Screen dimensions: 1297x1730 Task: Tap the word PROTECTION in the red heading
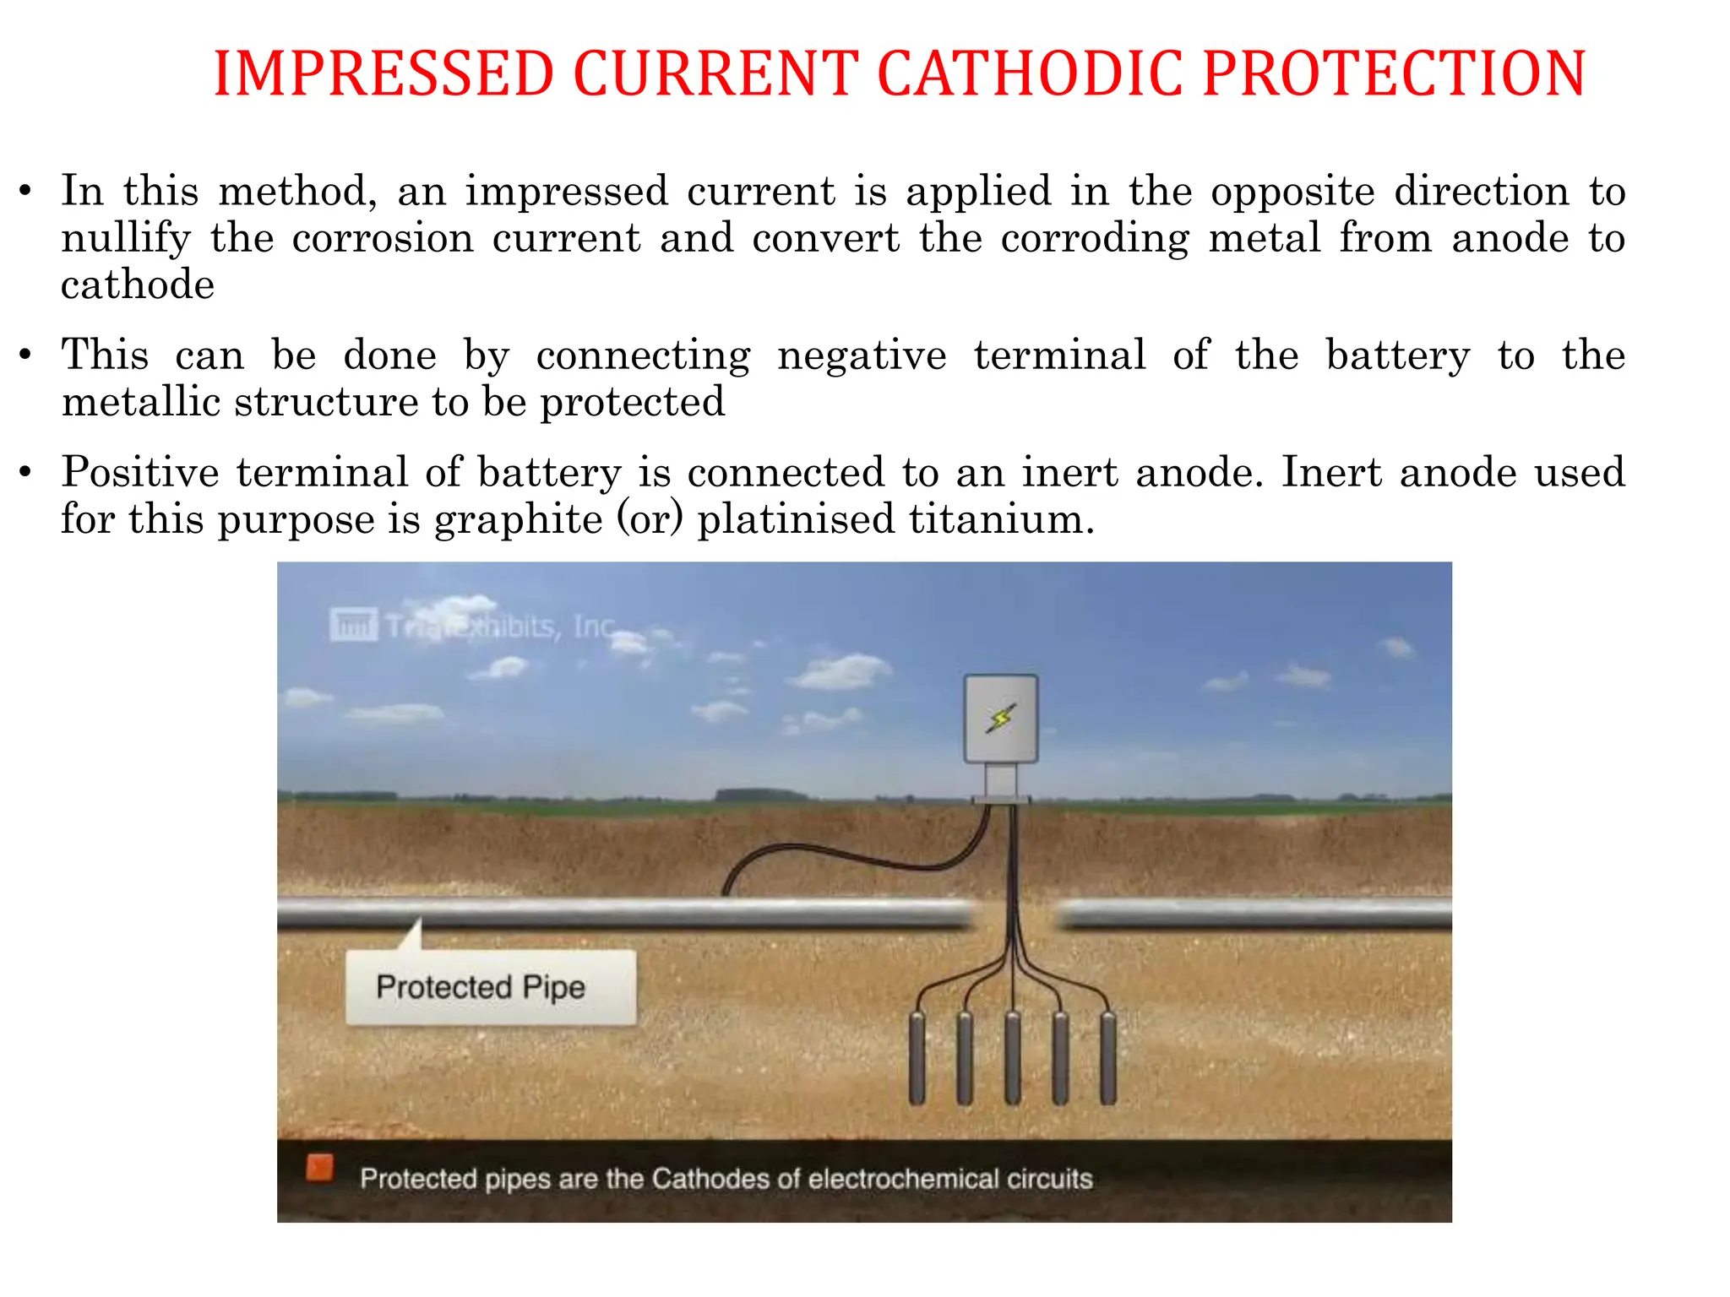click(1394, 73)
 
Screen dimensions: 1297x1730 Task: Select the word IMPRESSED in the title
click(384, 73)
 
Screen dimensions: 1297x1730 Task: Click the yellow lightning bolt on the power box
click(1001, 719)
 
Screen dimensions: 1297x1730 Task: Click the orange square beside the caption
click(319, 1169)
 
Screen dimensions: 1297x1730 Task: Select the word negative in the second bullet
click(862, 355)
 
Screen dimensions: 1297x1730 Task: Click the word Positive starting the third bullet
click(140, 472)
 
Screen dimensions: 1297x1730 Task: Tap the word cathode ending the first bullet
click(138, 285)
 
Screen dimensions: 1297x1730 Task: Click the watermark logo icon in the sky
click(353, 625)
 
